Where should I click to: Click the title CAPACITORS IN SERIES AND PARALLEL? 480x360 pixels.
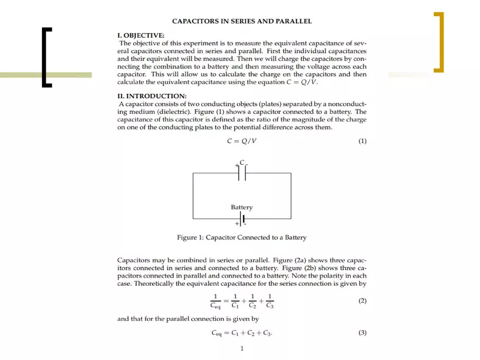point(242,21)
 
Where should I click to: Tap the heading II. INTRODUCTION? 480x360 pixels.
point(152,96)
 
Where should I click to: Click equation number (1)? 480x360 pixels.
point(362,141)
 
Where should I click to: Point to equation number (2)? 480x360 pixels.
point(362,301)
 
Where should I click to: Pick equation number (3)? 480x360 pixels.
point(362,333)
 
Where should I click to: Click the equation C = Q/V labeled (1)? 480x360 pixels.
point(242,141)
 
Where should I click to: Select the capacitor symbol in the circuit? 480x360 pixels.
point(242,173)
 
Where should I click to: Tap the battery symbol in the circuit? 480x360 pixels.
point(242,219)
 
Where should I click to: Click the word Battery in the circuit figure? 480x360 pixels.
point(242,207)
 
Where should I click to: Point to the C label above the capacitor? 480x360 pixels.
point(242,162)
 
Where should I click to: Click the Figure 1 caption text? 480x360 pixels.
point(242,238)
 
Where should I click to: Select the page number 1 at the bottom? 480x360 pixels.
point(242,349)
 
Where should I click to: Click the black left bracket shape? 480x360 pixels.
point(46,57)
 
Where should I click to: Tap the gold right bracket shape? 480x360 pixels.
point(439,42)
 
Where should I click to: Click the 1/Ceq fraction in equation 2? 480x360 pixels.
point(216,301)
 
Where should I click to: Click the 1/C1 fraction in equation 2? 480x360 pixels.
point(235,301)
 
